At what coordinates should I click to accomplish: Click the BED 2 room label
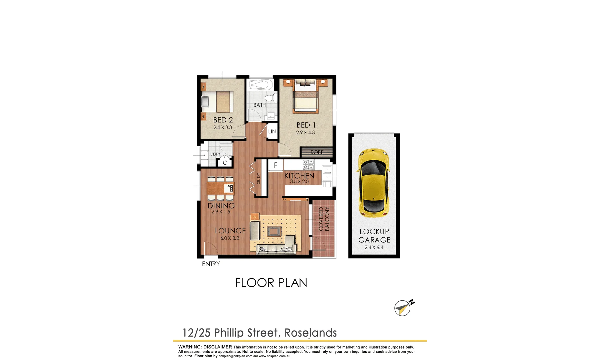click(x=223, y=120)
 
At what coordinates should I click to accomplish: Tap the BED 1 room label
click(x=306, y=125)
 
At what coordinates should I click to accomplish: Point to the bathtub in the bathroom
click(x=260, y=85)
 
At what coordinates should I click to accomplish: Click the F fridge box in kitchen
click(x=276, y=165)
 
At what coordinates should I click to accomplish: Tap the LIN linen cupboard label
click(x=272, y=132)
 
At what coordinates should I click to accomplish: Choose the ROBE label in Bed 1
click(x=317, y=152)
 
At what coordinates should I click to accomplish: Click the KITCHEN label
click(x=299, y=176)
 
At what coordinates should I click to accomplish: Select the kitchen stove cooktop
click(x=308, y=165)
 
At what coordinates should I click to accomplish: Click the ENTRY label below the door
click(x=211, y=264)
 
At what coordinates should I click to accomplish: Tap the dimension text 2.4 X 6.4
click(x=374, y=247)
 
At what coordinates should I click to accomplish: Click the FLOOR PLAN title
click(x=271, y=283)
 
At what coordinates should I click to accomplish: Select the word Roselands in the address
click(x=311, y=333)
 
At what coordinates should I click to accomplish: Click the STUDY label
click(x=259, y=178)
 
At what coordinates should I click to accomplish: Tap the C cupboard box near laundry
click(x=225, y=163)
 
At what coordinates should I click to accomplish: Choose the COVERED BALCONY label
click(x=324, y=219)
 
